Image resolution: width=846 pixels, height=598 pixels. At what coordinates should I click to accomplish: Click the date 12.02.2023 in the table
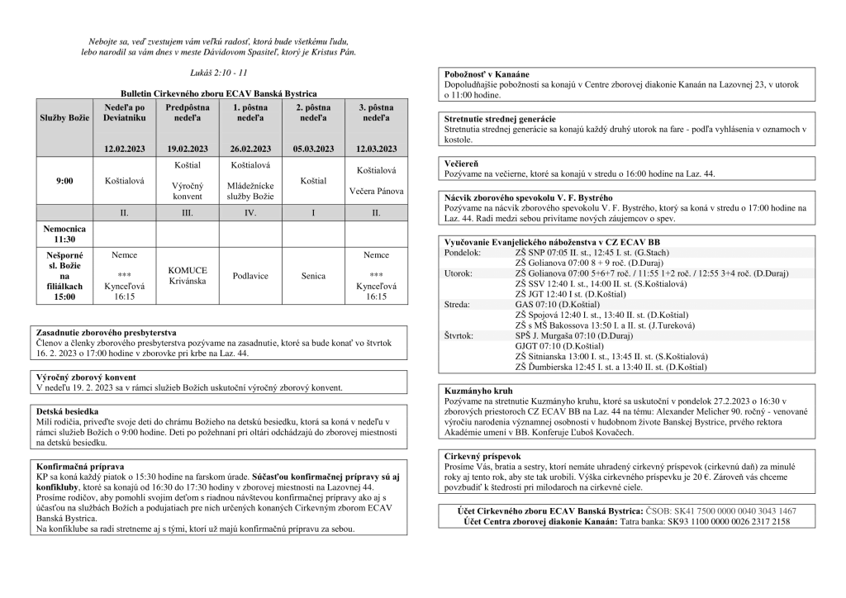tap(125, 149)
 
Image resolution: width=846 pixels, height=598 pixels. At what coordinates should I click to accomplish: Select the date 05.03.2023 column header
tap(314, 149)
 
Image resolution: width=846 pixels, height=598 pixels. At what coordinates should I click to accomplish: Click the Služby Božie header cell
tap(65, 119)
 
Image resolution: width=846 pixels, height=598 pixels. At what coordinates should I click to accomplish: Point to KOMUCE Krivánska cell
tap(188, 276)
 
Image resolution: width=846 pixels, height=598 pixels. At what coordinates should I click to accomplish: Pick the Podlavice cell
tap(250, 276)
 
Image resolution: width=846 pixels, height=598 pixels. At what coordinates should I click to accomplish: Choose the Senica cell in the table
tap(314, 276)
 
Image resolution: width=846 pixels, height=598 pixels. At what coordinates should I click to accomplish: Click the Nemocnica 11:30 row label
tap(65, 232)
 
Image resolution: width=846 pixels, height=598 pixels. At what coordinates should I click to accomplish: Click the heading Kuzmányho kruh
tap(478, 389)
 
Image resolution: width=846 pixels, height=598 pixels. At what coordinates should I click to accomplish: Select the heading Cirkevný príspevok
tap(482, 455)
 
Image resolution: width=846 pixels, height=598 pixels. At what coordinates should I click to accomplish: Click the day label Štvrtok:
tap(460, 336)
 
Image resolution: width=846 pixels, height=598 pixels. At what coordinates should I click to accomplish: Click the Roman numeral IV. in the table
tap(250, 212)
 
